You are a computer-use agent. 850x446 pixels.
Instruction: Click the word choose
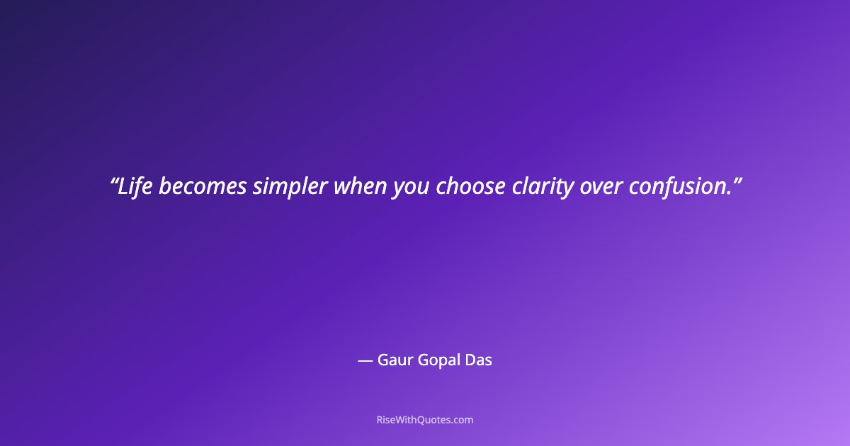[x=470, y=186]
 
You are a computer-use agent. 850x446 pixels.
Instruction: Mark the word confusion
[x=678, y=186]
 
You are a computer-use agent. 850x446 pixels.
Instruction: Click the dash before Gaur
[x=365, y=360]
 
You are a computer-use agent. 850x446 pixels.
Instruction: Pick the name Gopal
[x=438, y=361]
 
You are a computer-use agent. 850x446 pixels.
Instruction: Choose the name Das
[x=478, y=360]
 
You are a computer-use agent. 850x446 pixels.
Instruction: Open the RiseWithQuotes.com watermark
[x=425, y=420]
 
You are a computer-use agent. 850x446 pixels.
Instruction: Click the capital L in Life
[x=123, y=186]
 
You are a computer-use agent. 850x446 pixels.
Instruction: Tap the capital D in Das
[x=470, y=360]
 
